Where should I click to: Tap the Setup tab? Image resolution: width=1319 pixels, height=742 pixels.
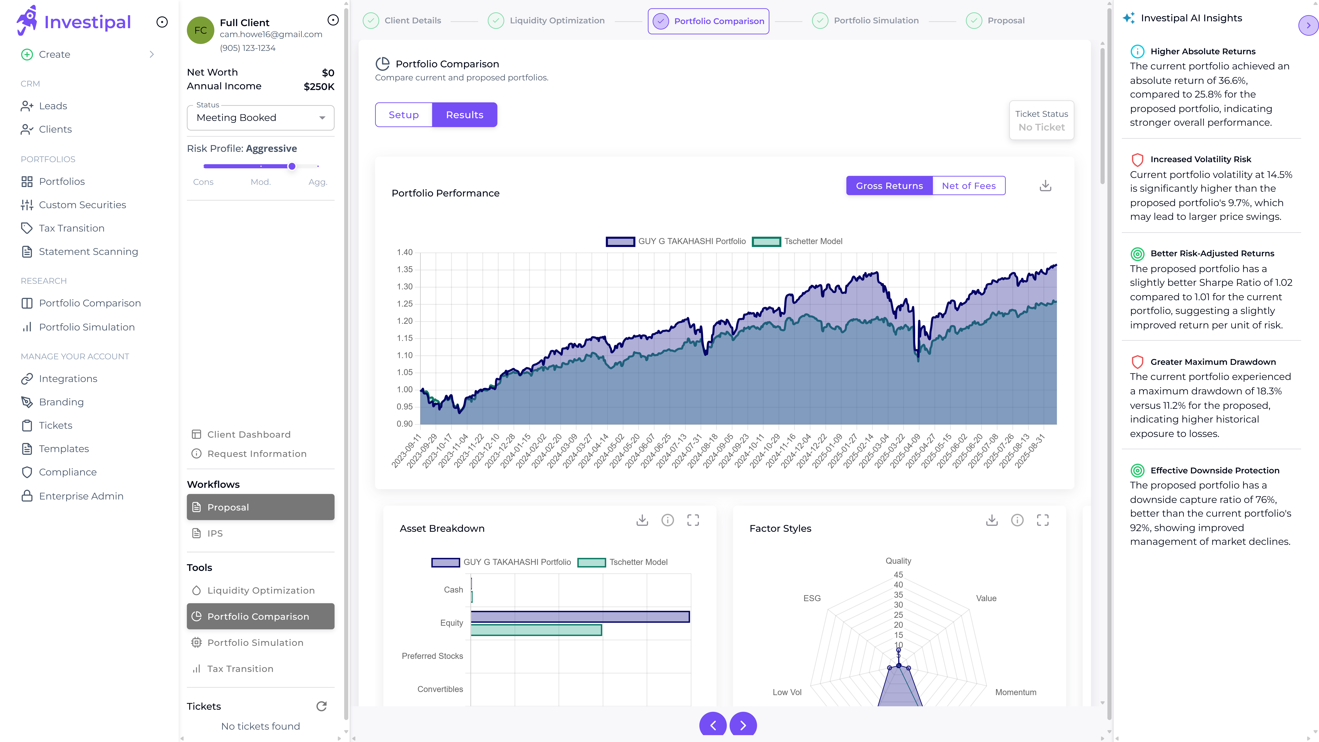pos(403,115)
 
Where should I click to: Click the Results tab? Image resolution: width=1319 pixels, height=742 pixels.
pos(464,115)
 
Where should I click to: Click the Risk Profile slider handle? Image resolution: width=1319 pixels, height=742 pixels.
pos(292,166)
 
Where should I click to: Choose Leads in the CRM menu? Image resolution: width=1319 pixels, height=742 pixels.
pos(53,106)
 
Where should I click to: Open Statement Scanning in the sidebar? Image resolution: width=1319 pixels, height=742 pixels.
pos(88,251)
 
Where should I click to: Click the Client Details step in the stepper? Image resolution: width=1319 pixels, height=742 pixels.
pos(412,20)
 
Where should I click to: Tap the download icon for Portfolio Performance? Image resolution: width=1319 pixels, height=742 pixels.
pos(1045,186)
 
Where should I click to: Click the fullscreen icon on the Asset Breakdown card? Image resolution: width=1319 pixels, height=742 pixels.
pos(693,520)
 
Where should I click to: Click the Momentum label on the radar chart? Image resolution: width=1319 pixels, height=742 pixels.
pos(1015,692)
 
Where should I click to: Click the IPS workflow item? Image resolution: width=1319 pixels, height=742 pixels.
pos(215,533)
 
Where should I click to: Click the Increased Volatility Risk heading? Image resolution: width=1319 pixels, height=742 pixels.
pos(1200,159)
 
